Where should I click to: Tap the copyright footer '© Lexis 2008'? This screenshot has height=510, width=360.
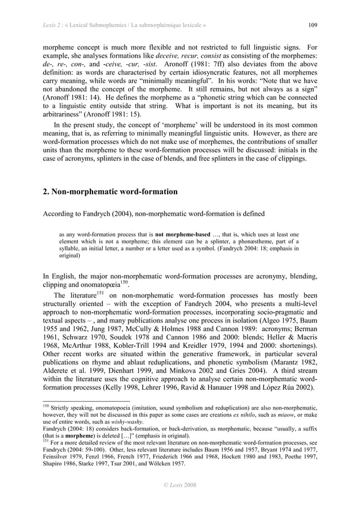pyautogui.click(x=179, y=485)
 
